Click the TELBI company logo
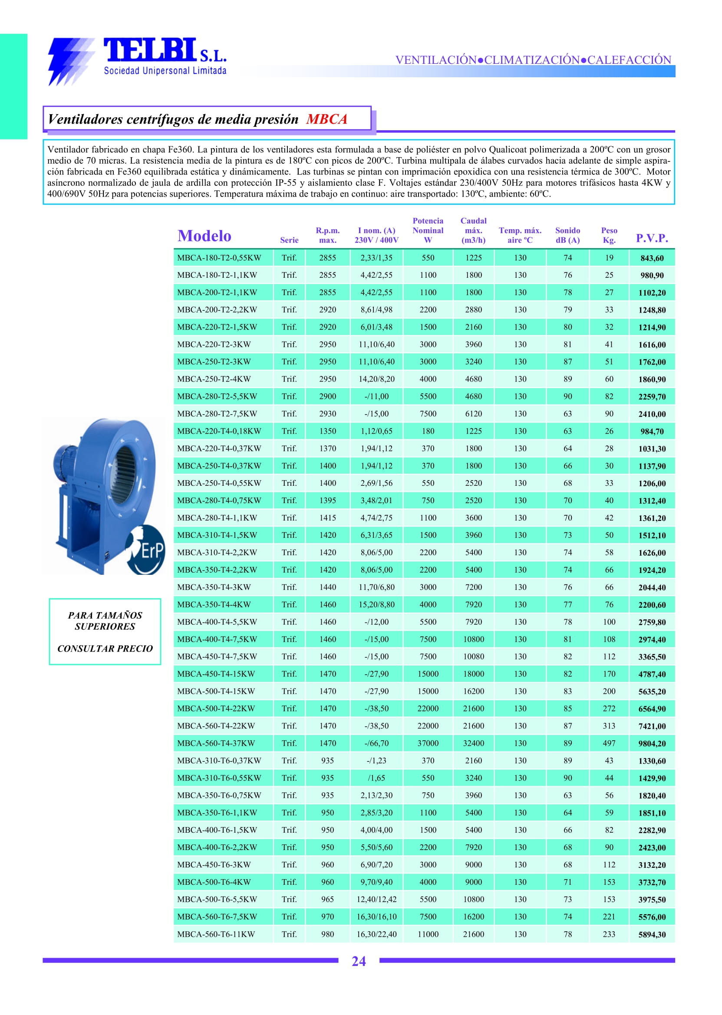point(138,60)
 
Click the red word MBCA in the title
point(326,119)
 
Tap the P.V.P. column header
point(652,238)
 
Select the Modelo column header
point(204,236)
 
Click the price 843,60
point(652,258)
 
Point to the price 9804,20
point(652,743)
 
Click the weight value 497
point(609,743)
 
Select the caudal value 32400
point(474,743)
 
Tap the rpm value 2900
point(327,396)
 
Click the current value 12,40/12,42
point(376,899)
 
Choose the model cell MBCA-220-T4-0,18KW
point(219,431)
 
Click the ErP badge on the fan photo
point(147,550)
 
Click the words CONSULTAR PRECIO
point(105,648)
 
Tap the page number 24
point(358,961)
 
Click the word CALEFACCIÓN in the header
point(629,60)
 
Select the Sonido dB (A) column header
point(567,235)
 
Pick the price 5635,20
point(652,691)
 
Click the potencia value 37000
point(428,743)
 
